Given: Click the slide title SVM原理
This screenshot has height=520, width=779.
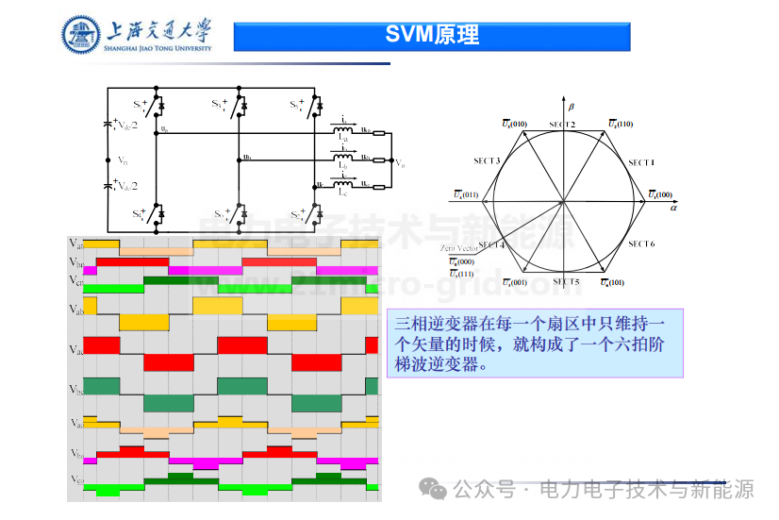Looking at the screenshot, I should [432, 36].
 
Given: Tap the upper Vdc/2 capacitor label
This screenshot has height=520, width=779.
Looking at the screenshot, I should [127, 125].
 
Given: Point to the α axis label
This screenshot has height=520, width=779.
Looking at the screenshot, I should [673, 205].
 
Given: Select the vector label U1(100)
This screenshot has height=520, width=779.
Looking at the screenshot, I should [658, 194].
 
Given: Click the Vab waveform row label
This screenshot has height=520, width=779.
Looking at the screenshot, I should [77, 310].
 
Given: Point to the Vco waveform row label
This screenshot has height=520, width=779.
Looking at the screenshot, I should [77, 478].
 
